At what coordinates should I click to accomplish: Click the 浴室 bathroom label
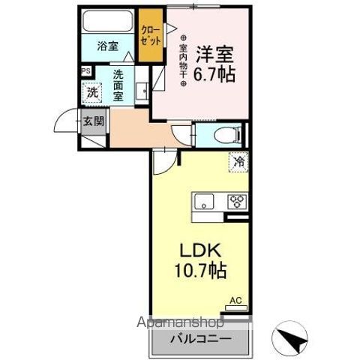pyautogui.click(x=107, y=46)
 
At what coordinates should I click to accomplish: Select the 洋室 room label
pyautogui.click(x=214, y=54)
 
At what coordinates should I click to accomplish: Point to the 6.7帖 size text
pyautogui.click(x=214, y=76)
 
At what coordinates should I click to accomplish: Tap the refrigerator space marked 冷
pyautogui.click(x=238, y=161)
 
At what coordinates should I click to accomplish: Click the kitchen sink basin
pyautogui.click(x=205, y=202)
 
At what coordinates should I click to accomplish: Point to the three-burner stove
pyautogui.click(x=238, y=202)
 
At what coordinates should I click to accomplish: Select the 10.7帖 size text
pyautogui.click(x=197, y=269)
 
